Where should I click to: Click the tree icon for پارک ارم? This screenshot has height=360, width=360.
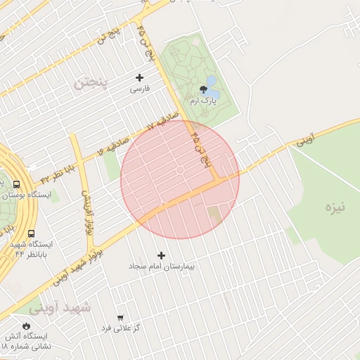pyautogui.click(x=204, y=89)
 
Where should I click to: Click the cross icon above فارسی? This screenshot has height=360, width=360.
pyautogui.click(x=139, y=77)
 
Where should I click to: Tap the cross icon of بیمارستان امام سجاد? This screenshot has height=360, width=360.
pyautogui.click(x=162, y=255)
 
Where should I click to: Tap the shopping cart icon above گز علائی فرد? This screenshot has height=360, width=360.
pyautogui.click(x=120, y=318)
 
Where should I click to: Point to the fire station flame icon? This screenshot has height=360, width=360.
pyautogui.click(x=27, y=326)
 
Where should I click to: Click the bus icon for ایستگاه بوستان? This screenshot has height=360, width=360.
pyautogui.click(x=16, y=184)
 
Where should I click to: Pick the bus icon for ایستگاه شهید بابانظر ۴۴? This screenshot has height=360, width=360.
pyautogui.click(x=31, y=233)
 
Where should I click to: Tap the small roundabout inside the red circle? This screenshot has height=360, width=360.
pyautogui.click(x=180, y=170)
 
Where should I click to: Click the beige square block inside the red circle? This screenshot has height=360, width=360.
pyautogui.click(x=214, y=212)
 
